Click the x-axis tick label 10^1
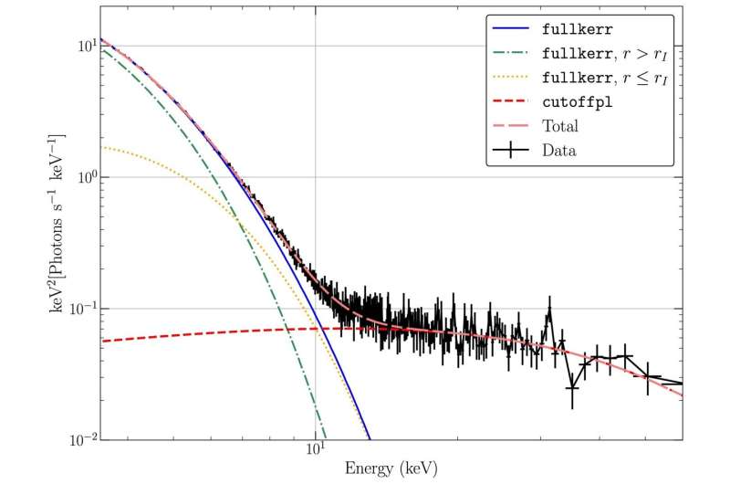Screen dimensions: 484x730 point(315,451)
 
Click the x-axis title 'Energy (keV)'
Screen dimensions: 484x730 point(391,470)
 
